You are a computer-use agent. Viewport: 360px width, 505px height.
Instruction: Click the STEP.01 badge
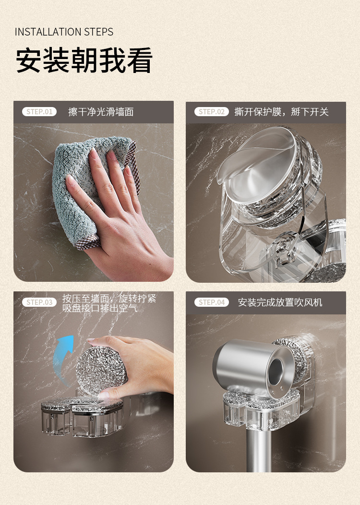(39, 112)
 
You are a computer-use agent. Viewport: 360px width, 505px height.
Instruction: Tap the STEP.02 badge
(212, 112)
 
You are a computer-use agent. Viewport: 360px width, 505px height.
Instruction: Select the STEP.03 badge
(39, 302)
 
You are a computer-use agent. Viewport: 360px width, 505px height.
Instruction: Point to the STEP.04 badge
(212, 302)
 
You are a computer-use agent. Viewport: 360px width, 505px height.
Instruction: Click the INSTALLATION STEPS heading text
(64, 32)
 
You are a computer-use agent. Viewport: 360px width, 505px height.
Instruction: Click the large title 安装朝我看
(84, 60)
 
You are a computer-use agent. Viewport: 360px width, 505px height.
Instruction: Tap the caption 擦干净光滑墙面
(101, 112)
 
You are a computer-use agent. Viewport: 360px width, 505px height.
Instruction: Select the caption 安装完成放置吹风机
(280, 302)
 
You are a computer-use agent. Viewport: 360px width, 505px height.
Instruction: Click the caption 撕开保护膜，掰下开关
(281, 112)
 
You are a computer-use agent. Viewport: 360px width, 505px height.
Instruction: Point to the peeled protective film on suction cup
(258, 161)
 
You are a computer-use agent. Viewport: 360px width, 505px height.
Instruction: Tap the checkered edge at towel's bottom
(87, 242)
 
